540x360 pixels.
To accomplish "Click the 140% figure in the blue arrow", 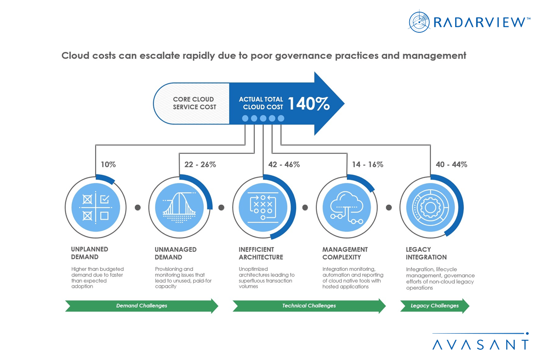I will [x=308, y=104].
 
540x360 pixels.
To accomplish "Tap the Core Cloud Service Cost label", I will [x=194, y=103].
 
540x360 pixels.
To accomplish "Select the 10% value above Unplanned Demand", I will [x=108, y=165].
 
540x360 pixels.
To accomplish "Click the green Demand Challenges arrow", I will [x=142, y=306].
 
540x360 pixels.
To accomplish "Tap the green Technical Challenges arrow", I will [x=309, y=306].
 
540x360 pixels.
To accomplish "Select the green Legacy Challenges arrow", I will [x=435, y=306].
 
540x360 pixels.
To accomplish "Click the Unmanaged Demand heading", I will [x=175, y=253].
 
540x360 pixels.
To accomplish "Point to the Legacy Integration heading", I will [x=426, y=253].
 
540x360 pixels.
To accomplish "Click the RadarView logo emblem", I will [x=419, y=22].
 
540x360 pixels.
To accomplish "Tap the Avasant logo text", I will [x=480, y=345].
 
